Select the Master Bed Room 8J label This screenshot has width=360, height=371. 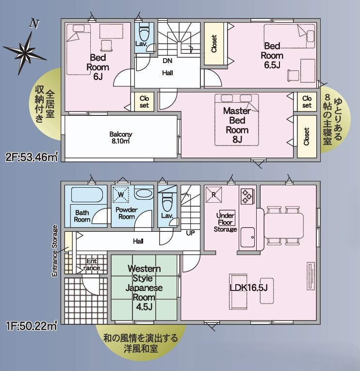[236, 125]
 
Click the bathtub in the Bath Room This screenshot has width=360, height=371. [87, 195]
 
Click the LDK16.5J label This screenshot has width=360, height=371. [248, 288]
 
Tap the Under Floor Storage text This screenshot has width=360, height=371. [225, 222]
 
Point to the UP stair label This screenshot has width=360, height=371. [191, 233]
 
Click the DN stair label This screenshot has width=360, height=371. [167, 61]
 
